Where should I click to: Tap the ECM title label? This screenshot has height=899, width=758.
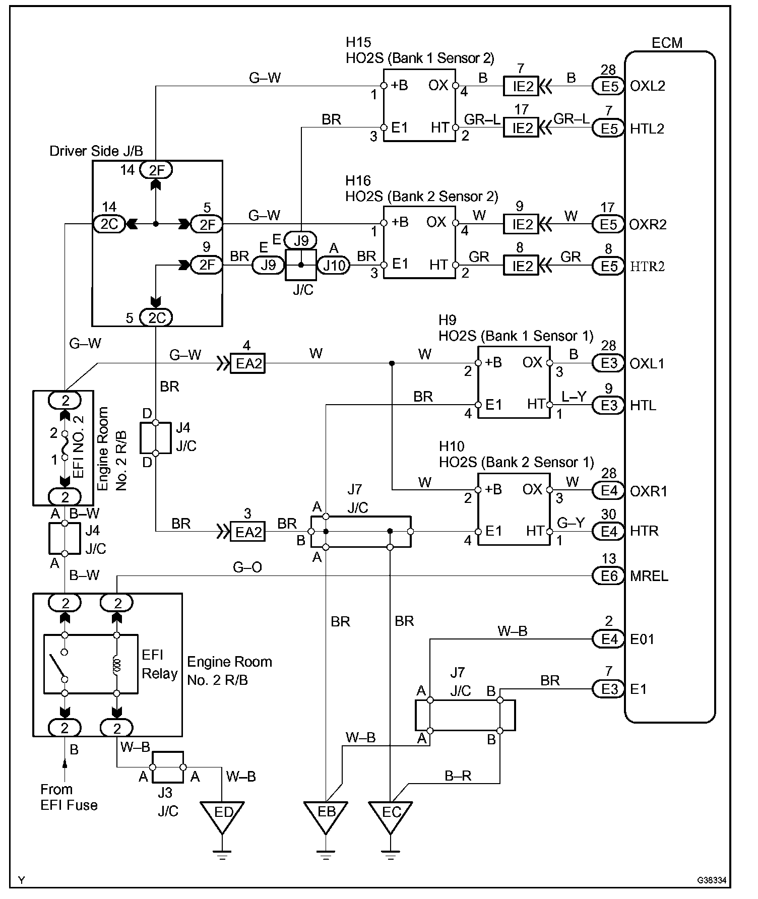click(x=667, y=43)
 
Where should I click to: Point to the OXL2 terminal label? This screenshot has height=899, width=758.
click(x=648, y=86)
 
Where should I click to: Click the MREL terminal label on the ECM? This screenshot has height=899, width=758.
click(x=649, y=576)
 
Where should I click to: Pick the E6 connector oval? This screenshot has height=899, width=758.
click(x=608, y=576)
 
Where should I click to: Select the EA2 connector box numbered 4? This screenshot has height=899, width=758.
click(x=247, y=363)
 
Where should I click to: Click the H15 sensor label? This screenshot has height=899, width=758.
click(x=358, y=42)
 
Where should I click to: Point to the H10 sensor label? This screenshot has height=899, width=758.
click(x=452, y=446)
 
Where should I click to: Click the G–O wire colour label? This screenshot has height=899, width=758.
click(x=247, y=568)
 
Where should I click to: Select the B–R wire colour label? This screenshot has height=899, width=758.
click(x=458, y=776)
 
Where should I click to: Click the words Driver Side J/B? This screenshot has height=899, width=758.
click(x=96, y=151)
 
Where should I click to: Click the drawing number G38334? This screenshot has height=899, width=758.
click(x=713, y=880)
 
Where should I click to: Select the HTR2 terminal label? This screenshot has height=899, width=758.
click(x=648, y=266)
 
